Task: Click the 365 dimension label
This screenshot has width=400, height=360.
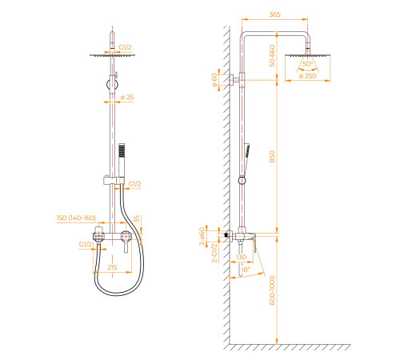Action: [x=274, y=14]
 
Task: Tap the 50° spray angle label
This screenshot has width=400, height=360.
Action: [x=307, y=64]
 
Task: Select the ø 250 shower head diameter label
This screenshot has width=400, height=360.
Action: [x=308, y=76]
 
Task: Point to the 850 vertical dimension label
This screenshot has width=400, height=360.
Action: [x=272, y=157]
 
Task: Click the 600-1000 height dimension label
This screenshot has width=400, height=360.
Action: [x=272, y=290]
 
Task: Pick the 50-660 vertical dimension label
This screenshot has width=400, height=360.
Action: [x=272, y=56]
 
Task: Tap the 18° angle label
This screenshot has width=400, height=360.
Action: [x=246, y=270]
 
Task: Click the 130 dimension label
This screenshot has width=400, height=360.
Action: [x=241, y=257]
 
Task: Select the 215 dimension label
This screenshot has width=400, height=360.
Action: [x=112, y=267]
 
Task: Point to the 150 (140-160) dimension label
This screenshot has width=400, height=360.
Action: [x=76, y=218]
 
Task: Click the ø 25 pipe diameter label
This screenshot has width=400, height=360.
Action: [x=127, y=98]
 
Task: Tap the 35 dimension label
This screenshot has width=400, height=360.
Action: [x=136, y=219]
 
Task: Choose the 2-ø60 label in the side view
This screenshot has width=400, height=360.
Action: [x=202, y=236]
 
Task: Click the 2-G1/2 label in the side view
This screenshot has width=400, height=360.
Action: [x=214, y=253]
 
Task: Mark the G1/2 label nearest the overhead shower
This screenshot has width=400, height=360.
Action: [x=125, y=47]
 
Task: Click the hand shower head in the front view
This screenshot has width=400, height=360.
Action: [x=122, y=150]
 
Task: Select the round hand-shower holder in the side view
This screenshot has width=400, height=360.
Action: [x=242, y=181]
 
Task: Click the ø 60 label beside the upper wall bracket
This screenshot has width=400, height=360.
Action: [x=214, y=80]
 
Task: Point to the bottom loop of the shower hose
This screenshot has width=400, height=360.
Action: [x=118, y=294]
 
